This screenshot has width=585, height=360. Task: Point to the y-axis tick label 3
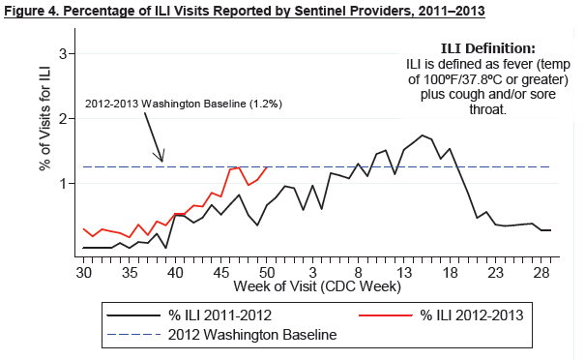63,54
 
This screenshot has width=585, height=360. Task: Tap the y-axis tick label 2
63,119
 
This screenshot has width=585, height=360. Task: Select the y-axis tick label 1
63,183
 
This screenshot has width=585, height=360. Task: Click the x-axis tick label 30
83,273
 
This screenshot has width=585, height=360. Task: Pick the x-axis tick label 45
220,273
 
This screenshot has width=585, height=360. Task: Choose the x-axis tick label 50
266,273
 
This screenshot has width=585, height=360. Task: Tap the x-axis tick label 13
403,273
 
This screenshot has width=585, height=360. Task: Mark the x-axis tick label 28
541,273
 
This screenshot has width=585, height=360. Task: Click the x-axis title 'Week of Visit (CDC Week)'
317,286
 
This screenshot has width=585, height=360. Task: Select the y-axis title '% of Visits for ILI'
45,119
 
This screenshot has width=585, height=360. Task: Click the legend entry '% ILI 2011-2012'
220,315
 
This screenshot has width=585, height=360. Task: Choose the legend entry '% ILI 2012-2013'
472,315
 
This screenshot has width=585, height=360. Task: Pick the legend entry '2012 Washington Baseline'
252,334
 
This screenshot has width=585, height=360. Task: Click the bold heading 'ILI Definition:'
488,48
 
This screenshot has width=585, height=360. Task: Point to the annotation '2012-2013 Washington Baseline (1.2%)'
184,104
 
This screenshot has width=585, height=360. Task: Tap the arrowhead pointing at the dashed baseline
161,160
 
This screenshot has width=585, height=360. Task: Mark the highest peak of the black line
423,135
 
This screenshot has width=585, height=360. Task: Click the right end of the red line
267,167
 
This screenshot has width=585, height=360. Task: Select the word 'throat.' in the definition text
487,109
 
